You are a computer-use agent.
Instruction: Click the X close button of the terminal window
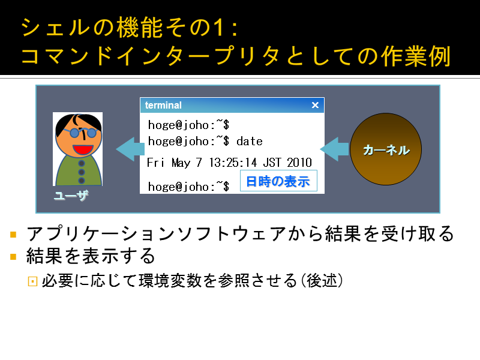click(315, 105)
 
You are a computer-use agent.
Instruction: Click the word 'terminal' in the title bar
click(163, 105)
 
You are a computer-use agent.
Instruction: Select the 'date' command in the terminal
click(250, 141)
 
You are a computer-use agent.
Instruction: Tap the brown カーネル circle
click(386, 149)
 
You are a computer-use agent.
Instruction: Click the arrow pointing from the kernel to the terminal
click(334, 149)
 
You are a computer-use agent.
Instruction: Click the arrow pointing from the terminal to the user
click(130, 149)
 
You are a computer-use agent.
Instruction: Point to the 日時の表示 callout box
click(278, 181)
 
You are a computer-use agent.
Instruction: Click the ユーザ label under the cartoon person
click(71, 196)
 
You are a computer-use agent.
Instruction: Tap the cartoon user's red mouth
click(83, 149)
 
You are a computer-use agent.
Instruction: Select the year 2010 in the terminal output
click(299, 162)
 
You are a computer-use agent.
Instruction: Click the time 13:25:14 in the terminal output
click(233, 162)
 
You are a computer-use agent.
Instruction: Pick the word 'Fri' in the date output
click(155, 162)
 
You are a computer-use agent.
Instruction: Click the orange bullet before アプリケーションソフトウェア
click(13, 235)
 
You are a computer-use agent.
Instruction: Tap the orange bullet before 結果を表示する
click(13, 256)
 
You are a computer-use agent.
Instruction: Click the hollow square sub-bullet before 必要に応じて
click(32, 281)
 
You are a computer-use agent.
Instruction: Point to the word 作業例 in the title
click(416, 56)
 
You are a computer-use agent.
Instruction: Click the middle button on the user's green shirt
click(82, 172)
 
